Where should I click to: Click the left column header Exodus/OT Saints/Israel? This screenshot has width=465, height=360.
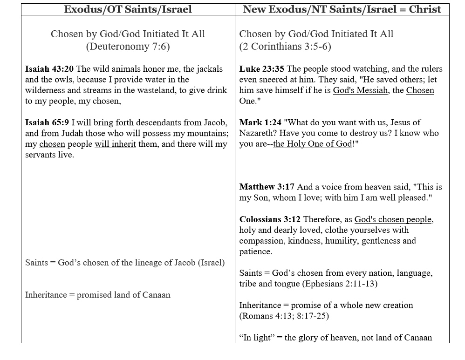(128, 9)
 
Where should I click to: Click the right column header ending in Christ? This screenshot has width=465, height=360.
(342, 9)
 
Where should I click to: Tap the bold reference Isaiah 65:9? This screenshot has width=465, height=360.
(47, 122)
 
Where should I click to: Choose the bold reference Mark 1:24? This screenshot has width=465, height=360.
(260, 122)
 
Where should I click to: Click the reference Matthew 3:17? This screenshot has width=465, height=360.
(267, 187)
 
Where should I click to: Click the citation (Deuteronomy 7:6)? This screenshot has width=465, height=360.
(128, 47)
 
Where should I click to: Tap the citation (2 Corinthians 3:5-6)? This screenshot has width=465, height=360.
(285, 47)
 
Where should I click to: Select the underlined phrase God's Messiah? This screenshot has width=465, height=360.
(360, 90)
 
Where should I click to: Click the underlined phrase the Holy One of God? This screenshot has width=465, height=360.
(312, 144)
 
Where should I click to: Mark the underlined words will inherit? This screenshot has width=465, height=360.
(115, 144)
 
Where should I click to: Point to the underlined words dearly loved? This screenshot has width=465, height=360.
(297, 230)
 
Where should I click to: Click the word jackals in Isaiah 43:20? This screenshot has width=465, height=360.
(208, 69)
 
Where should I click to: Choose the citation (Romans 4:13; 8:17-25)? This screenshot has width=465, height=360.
(284, 316)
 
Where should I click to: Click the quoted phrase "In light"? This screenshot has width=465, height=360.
(256, 338)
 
